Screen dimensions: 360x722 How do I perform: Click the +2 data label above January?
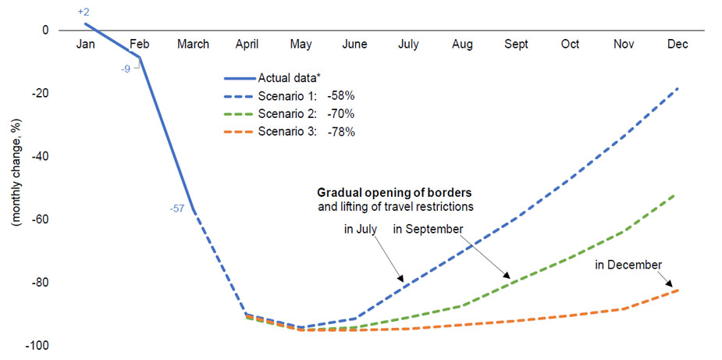[85, 12]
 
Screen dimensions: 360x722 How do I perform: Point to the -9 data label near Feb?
[125, 70]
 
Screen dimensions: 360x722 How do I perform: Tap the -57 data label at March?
[177, 209]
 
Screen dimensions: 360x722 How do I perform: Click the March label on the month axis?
[193, 45]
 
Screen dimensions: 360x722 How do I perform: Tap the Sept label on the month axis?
[516, 45]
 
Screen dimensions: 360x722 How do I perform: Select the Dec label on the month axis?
[678, 45]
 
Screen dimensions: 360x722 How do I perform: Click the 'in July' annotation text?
[361, 229]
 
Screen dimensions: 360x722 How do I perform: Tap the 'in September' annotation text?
[428, 229]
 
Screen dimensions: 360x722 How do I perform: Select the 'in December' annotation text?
[628, 266]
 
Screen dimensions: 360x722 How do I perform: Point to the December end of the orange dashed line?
[677, 290]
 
